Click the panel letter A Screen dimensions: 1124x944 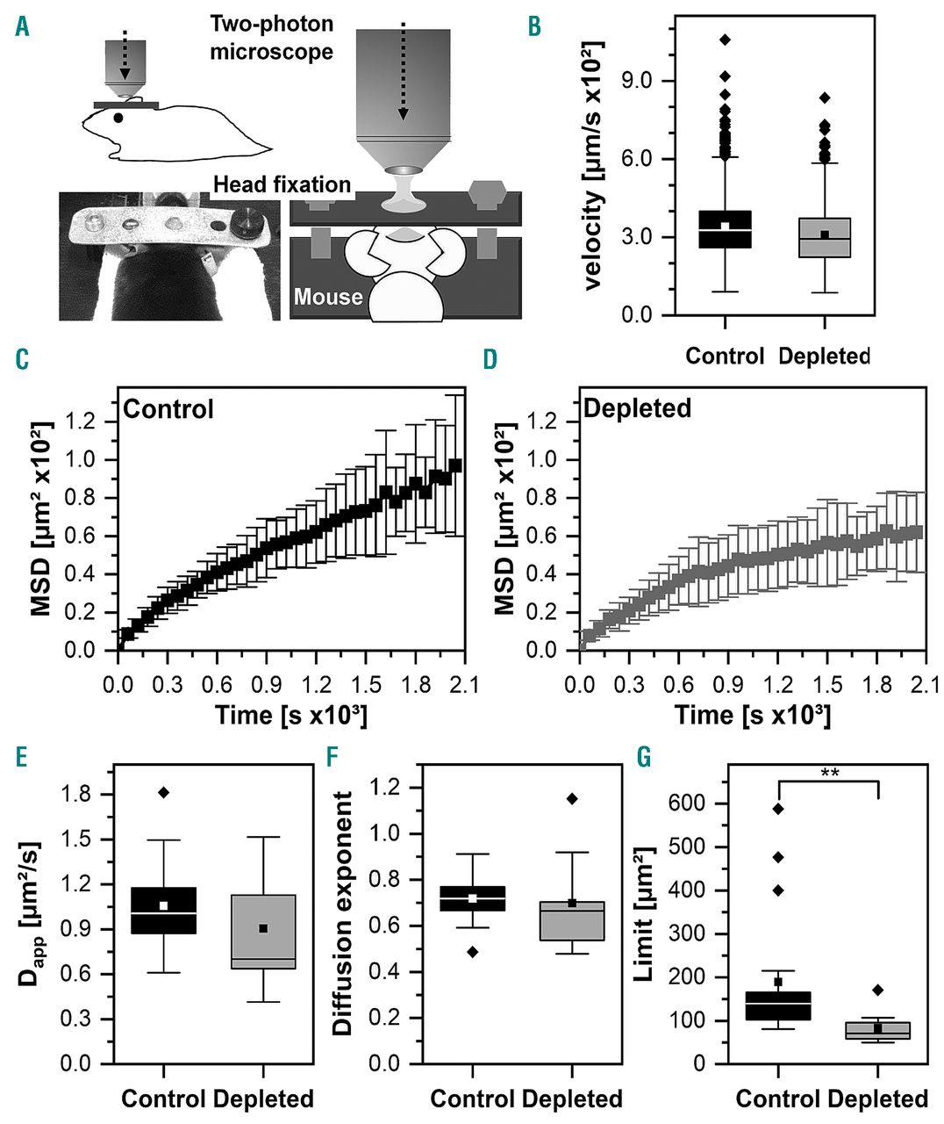pyautogui.click(x=23, y=27)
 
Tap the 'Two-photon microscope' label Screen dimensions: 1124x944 pyautogui.click(x=272, y=38)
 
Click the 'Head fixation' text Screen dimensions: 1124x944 pyautogui.click(x=282, y=185)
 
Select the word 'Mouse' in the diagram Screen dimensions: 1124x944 pyautogui.click(x=328, y=297)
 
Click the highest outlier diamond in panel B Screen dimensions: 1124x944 pyautogui.click(x=725, y=40)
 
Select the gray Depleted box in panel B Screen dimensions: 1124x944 pyautogui.click(x=825, y=237)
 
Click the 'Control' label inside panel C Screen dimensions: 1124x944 pyautogui.click(x=168, y=409)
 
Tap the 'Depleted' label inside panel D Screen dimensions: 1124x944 pyautogui.click(x=637, y=408)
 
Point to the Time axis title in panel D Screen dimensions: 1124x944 pyautogui.click(x=752, y=714)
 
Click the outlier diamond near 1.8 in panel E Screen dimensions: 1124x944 pyautogui.click(x=163, y=793)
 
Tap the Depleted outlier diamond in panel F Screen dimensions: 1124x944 pyautogui.click(x=573, y=799)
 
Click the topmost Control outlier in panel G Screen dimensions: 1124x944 pyautogui.click(x=778, y=809)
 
